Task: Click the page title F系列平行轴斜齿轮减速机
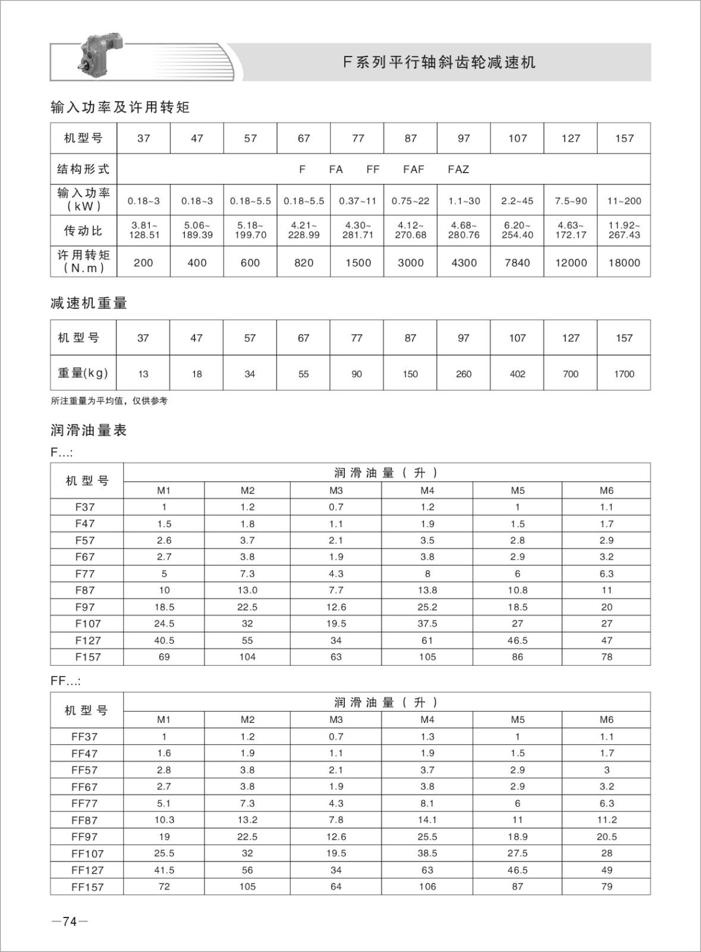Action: click(x=439, y=62)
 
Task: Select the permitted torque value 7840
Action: click(x=517, y=262)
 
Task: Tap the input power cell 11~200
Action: click(x=624, y=201)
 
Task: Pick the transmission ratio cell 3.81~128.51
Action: click(x=143, y=230)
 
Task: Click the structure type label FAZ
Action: click(x=458, y=170)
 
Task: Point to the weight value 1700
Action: click(x=624, y=374)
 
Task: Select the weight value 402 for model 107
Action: click(x=517, y=374)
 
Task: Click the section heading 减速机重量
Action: click(x=89, y=303)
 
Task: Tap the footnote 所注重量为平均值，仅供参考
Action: click(x=109, y=401)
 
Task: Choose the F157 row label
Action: click(x=87, y=657)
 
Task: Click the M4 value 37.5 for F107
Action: click(x=427, y=624)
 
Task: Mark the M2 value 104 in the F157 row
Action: click(x=247, y=657)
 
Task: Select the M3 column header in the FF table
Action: click(x=336, y=719)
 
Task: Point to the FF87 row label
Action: click(x=84, y=820)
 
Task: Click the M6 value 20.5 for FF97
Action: click(x=606, y=837)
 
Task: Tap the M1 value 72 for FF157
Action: click(x=164, y=887)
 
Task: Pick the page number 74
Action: click(x=70, y=922)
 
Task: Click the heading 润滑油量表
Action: click(x=89, y=431)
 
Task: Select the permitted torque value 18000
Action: click(x=624, y=262)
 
